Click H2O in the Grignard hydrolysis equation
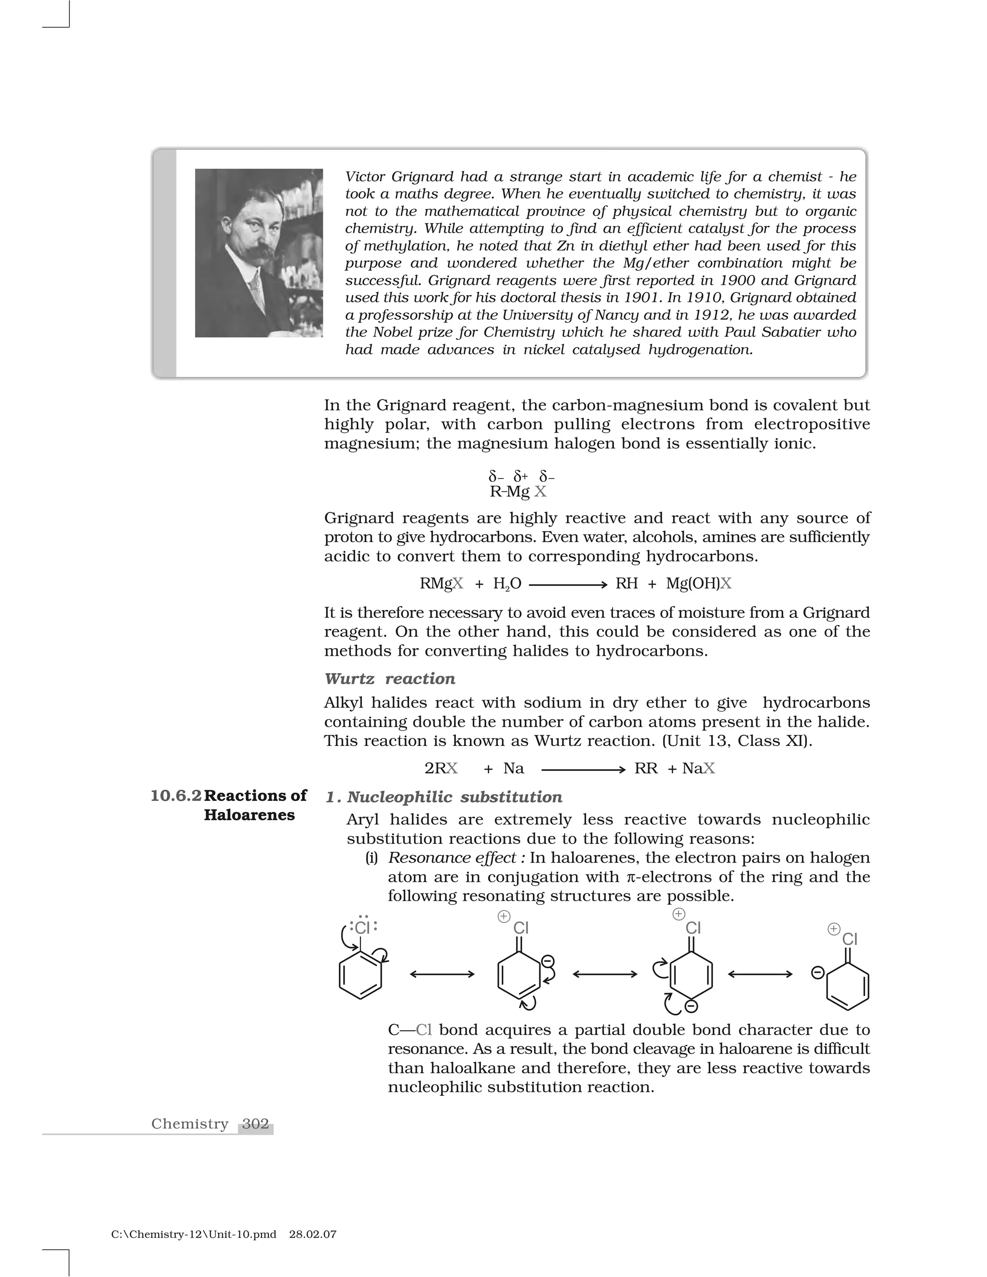click(507, 584)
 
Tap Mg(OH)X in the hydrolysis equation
click(698, 584)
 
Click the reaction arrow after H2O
click(567, 584)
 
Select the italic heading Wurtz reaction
click(389, 678)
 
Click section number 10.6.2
click(176, 796)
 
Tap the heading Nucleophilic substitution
click(454, 797)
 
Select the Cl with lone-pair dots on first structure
click(362, 927)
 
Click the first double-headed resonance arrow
click(442, 973)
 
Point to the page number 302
click(255, 1123)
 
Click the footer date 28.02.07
click(312, 1234)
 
